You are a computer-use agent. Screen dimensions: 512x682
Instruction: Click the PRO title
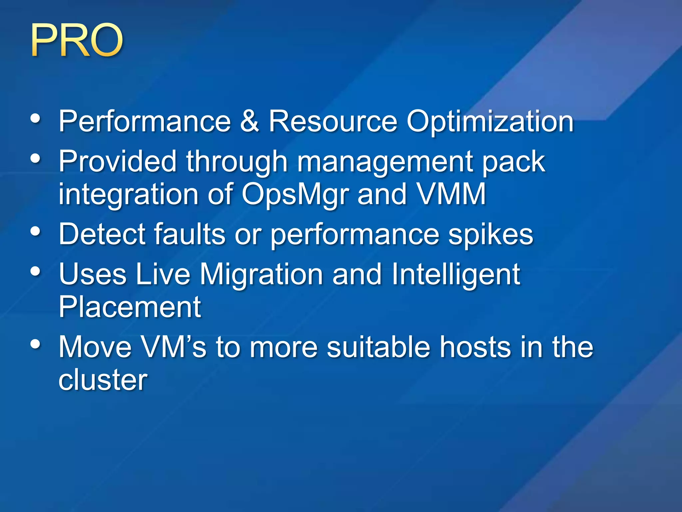tap(77, 41)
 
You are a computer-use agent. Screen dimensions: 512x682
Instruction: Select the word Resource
tap(333, 121)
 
